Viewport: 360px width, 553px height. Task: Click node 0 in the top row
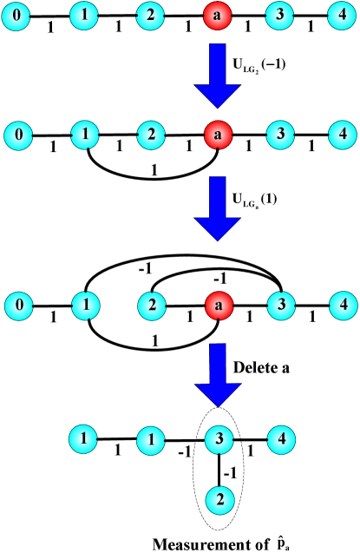(x=16, y=16)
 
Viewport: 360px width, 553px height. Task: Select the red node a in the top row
(x=218, y=16)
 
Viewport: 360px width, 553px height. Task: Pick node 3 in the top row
(x=280, y=16)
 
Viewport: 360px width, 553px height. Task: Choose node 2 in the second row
(x=150, y=135)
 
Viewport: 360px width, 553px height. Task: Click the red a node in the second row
(x=218, y=135)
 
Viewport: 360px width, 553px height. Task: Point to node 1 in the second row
(x=84, y=135)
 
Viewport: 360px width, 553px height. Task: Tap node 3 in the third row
(x=280, y=306)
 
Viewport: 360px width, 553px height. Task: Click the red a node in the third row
(x=218, y=306)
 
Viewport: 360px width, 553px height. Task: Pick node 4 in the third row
(x=343, y=306)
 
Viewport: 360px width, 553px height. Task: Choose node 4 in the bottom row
(x=280, y=439)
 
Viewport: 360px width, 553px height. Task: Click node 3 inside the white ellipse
(x=219, y=440)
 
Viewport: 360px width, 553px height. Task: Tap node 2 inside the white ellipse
(x=219, y=499)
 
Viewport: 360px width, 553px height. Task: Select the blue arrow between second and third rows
(x=217, y=207)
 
